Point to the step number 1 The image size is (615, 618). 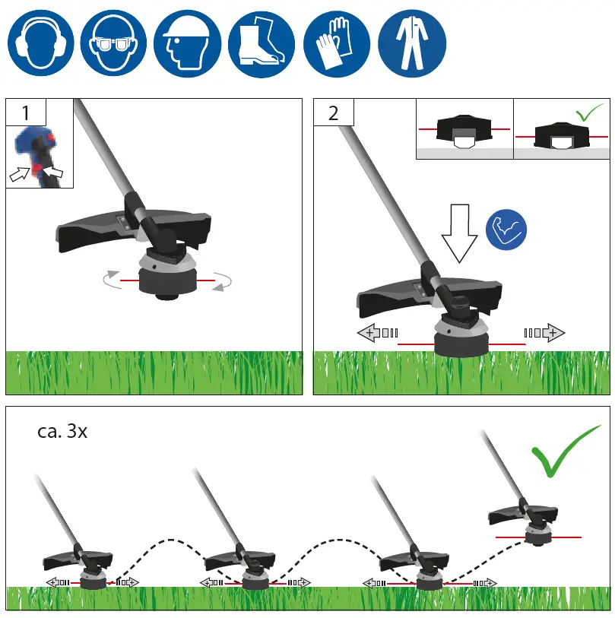pos(26,114)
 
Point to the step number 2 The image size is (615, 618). pos(333,114)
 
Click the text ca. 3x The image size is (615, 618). pos(62,432)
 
